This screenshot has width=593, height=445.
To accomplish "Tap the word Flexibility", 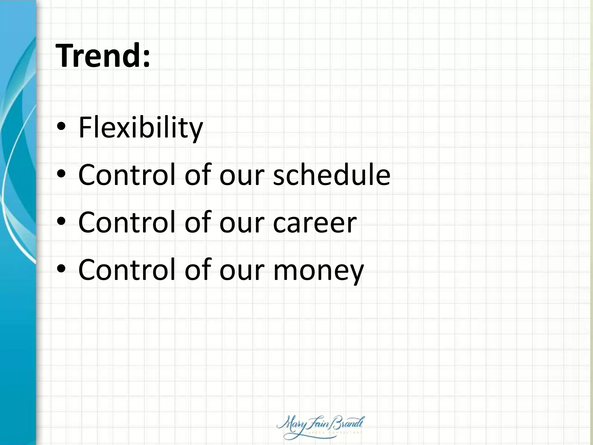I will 141,127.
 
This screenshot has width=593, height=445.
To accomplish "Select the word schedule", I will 332,175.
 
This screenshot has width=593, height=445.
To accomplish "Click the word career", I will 315,222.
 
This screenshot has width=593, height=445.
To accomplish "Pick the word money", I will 318,270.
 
